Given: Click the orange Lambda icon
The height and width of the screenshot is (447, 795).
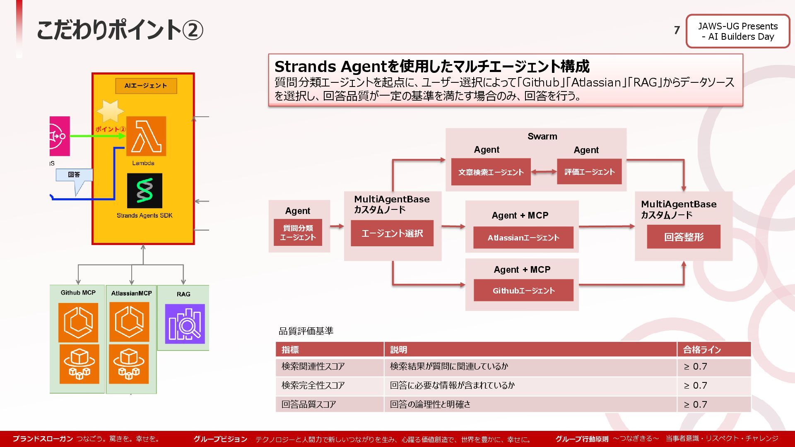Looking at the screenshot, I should tap(146, 136).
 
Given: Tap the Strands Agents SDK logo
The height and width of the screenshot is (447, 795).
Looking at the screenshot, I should tap(145, 190).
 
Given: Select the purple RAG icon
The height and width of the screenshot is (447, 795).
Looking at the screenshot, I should tap(185, 324).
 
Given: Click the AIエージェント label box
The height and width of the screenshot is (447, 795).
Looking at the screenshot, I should tap(146, 86).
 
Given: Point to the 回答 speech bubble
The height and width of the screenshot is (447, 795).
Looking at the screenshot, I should tap(74, 175).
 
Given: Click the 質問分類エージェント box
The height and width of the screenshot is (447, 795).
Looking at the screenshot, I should tap(298, 233).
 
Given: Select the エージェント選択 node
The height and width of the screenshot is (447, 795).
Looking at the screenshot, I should tap(392, 233).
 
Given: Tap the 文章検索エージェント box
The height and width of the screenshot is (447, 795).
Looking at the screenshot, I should tap(491, 172).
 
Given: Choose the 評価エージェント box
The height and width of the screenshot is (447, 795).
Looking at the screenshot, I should tap(589, 171).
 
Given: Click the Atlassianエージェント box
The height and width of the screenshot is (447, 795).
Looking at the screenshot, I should tap(523, 238).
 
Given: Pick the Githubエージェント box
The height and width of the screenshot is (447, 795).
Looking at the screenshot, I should tap(523, 290).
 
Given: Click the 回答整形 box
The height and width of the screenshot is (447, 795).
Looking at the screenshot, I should tap(684, 237).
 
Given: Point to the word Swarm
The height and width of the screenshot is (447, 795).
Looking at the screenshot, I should tap(542, 137).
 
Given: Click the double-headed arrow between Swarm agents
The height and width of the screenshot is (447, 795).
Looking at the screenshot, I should tap(544, 171).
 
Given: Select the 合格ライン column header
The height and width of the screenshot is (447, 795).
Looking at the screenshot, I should tap(702, 350).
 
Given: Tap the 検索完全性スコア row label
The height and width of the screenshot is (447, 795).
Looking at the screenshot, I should tap(313, 385).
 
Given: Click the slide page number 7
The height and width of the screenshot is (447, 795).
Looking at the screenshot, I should tap(677, 30).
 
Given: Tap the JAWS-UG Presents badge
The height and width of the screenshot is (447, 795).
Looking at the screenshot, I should tap(738, 31).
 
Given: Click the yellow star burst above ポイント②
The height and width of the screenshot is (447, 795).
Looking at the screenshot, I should tap(110, 111).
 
